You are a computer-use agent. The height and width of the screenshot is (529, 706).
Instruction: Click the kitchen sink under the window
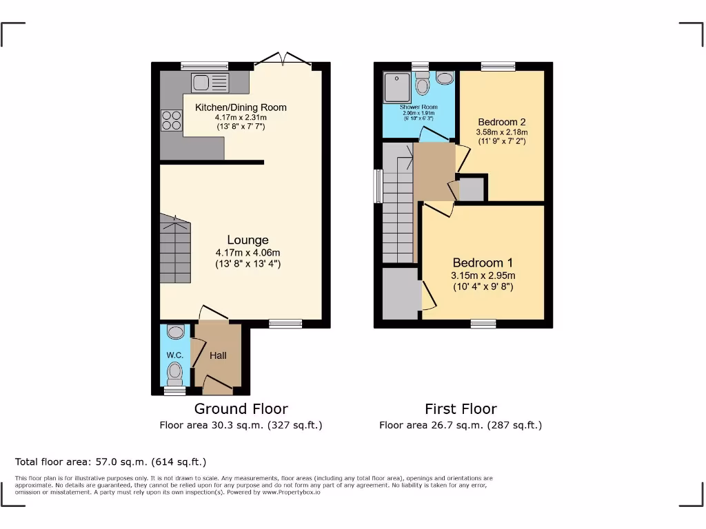tap(211, 83)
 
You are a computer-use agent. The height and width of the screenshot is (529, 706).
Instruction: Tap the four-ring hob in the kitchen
tap(171, 121)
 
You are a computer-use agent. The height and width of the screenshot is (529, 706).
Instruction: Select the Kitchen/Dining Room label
tap(241, 107)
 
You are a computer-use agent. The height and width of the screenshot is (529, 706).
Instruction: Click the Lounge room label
tap(248, 240)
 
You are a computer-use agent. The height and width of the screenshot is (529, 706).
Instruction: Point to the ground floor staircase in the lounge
tap(175, 249)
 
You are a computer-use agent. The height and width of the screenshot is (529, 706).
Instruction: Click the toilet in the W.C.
tap(175, 374)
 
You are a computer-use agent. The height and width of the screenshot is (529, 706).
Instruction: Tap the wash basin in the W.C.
tap(176, 333)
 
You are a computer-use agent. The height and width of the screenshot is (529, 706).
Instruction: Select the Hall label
tap(218, 355)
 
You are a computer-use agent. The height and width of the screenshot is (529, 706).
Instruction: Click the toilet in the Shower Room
tap(423, 85)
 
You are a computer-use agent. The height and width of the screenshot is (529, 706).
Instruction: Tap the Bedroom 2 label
tap(502, 123)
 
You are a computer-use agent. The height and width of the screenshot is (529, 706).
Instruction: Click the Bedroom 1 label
tap(483, 262)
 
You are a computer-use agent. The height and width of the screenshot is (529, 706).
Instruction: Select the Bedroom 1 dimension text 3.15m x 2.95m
tap(483, 276)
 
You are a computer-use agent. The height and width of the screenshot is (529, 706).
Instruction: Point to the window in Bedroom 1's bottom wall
tap(483, 324)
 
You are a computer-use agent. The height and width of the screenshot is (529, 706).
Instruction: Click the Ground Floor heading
tap(241, 408)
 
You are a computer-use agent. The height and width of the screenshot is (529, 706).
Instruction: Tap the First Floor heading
tap(461, 408)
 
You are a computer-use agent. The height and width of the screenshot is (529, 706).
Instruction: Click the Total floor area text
tap(110, 461)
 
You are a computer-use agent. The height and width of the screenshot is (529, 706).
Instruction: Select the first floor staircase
tap(397, 214)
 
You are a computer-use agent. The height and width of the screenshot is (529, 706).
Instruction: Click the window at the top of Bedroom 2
tap(498, 66)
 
